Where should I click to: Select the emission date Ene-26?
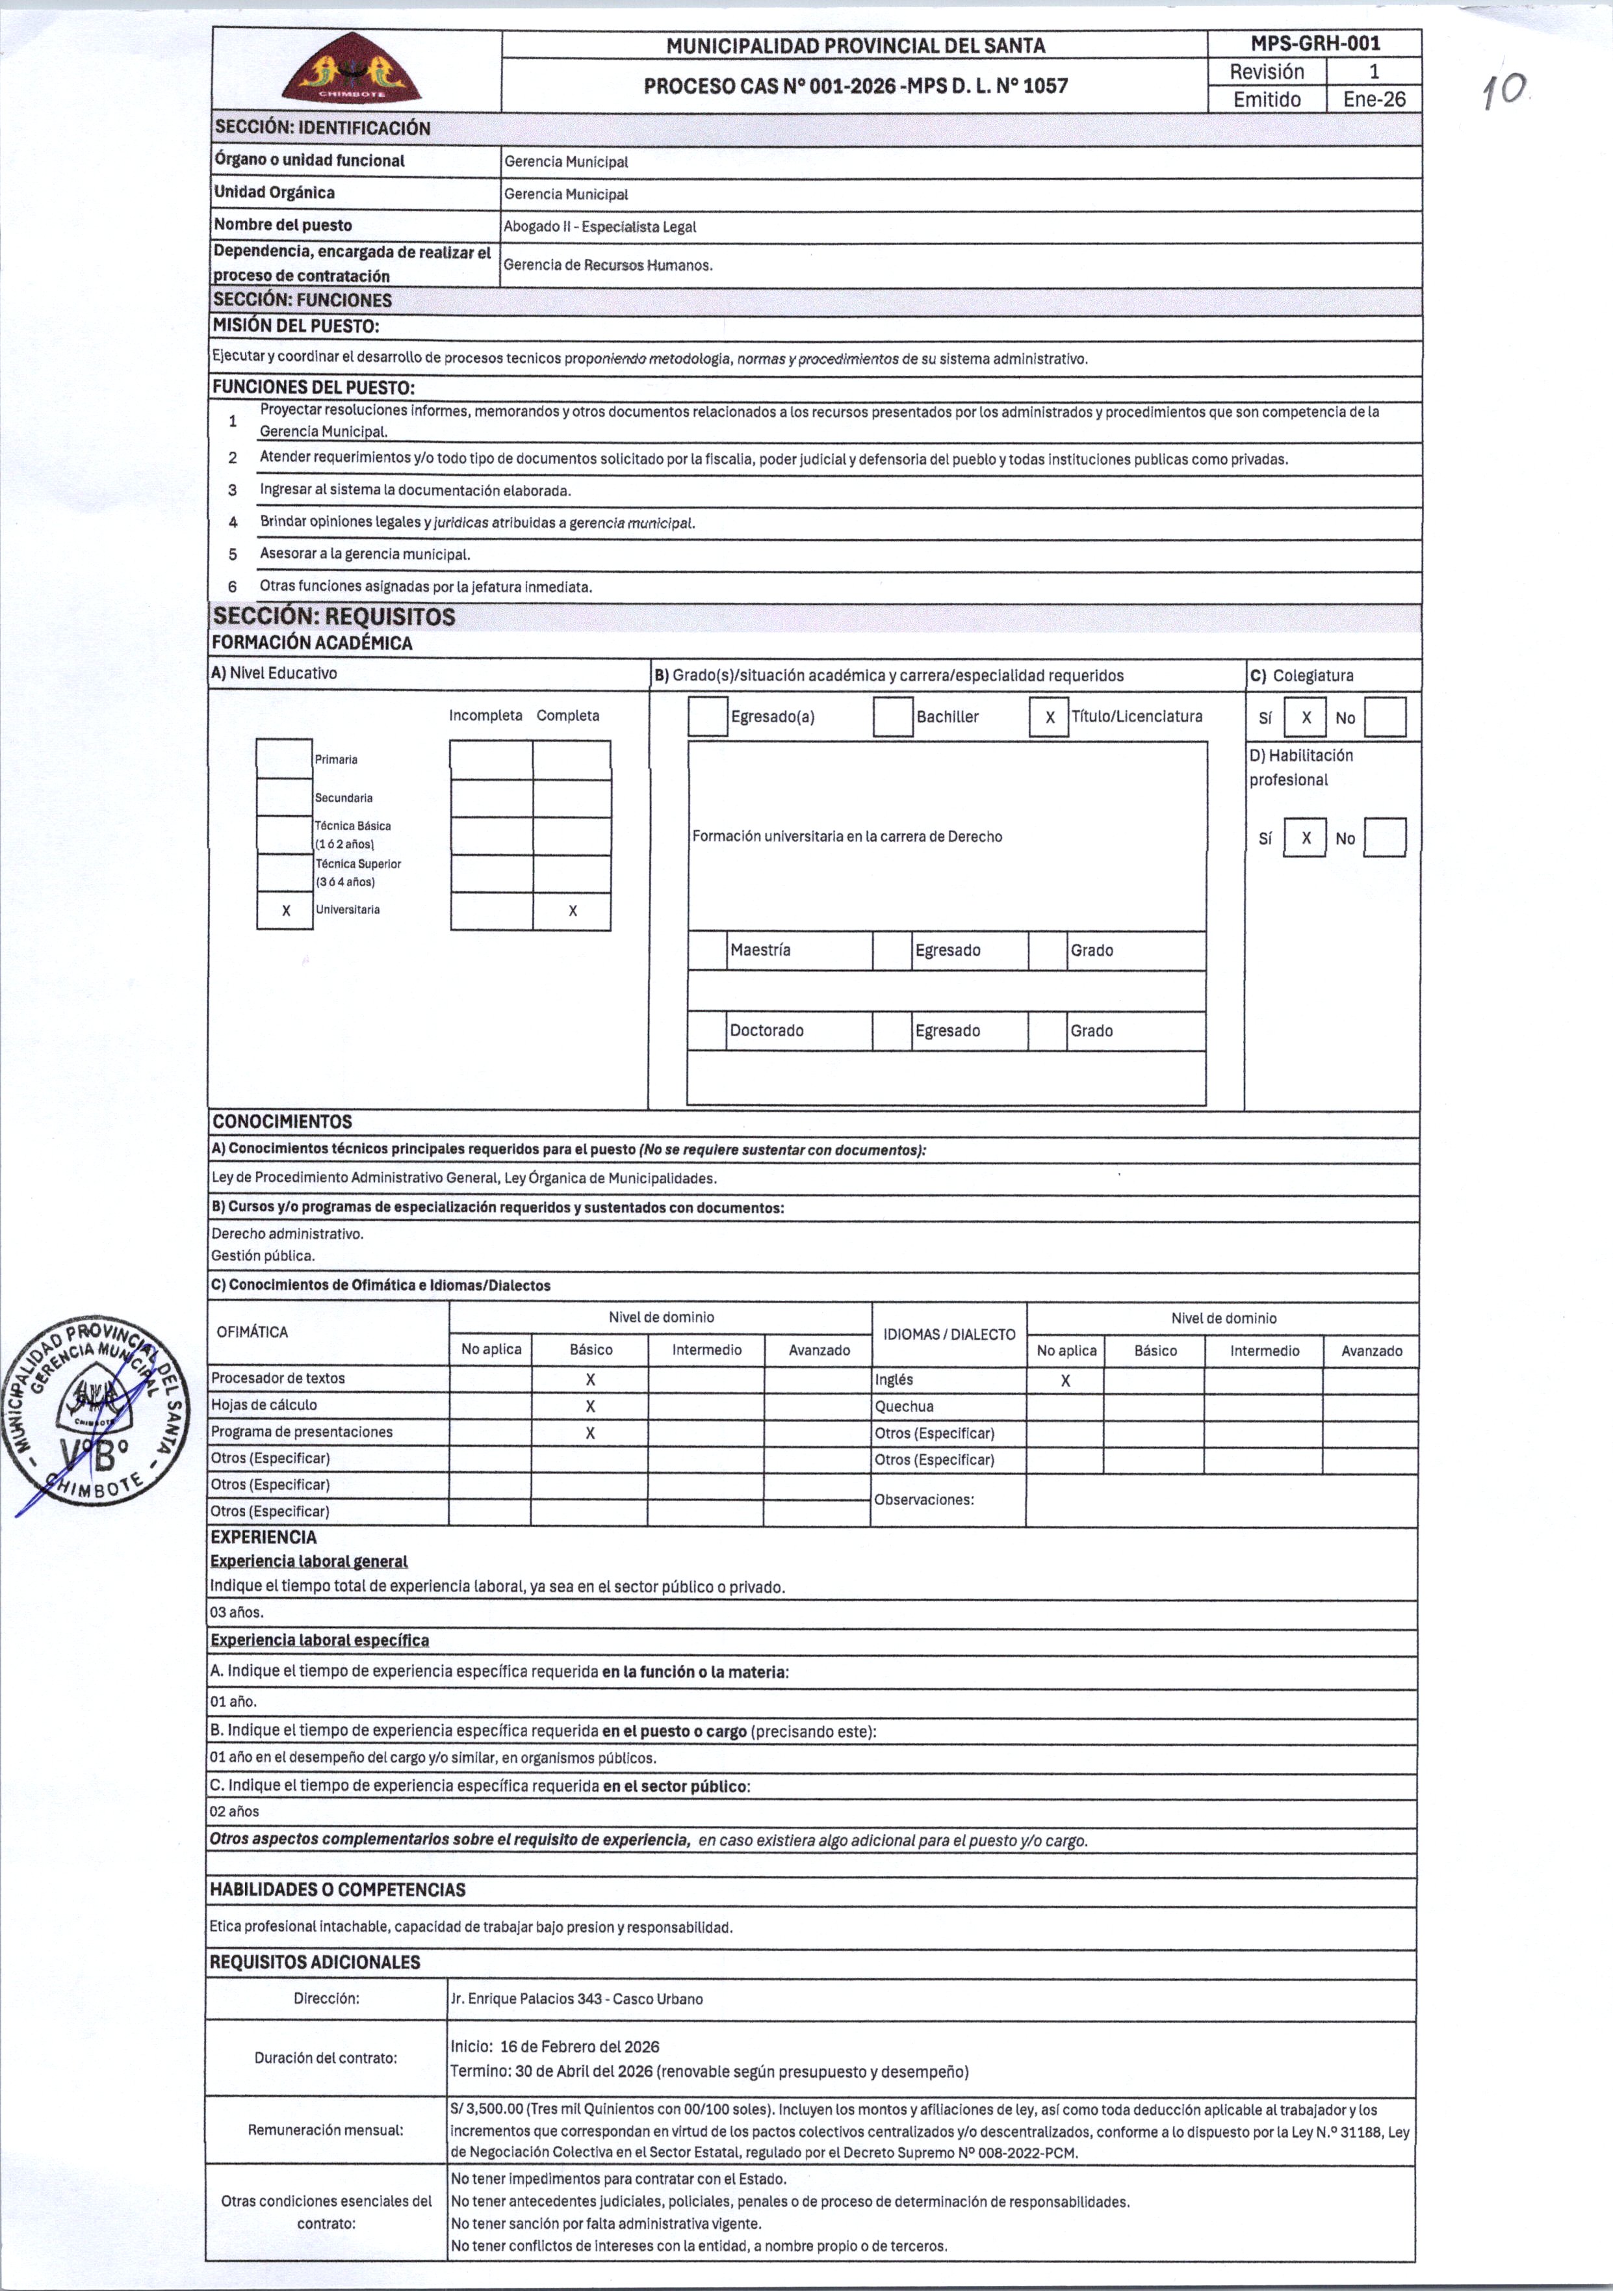pos(1374,99)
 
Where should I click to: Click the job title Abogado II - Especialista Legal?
pos(599,226)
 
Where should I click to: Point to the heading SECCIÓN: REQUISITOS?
pos(334,617)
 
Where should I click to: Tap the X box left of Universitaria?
pos(285,910)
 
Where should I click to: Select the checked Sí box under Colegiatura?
pos(1305,718)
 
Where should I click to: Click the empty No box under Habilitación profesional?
pos(1384,838)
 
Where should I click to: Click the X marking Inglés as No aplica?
pos(1065,1381)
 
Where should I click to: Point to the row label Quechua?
pos(904,1407)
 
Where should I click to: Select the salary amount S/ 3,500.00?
pos(487,2110)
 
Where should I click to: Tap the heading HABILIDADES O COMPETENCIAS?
pos(337,1889)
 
